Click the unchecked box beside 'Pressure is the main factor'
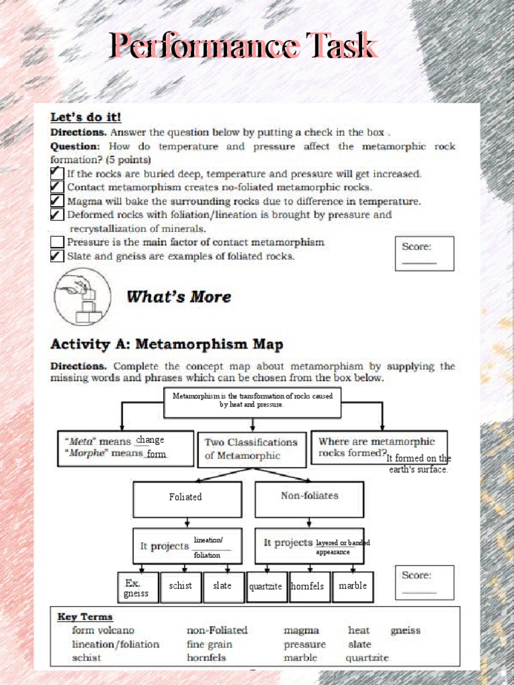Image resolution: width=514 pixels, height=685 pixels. tap(58, 242)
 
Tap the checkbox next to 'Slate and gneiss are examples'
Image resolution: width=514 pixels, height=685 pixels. tap(58, 256)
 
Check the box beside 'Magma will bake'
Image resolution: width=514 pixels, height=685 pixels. tap(58, 201)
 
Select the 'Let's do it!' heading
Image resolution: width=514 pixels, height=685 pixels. tap(86, 117)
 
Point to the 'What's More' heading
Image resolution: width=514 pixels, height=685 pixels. tap(179, 296)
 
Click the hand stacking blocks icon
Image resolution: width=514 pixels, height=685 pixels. tap(82, 296)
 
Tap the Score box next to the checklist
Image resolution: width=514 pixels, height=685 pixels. tap(424, 254)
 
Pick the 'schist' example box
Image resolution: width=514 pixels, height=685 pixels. tap(181, 587)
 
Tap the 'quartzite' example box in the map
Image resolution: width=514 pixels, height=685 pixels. tap(266, 587)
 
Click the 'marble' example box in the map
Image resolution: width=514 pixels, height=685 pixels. tap(353, 587)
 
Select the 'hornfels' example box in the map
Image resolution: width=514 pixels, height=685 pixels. tap(308, 587)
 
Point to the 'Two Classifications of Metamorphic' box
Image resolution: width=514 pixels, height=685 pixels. tap(252, 449)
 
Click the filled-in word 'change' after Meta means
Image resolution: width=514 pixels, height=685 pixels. tap(150, 440)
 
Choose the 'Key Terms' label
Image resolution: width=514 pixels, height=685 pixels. tap(85, 617)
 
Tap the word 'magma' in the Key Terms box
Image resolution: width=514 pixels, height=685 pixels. tap(301, 630)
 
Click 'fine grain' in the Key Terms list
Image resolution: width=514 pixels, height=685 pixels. tap(209, 644)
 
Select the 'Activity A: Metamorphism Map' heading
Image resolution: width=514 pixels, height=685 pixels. tap(167, 345)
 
